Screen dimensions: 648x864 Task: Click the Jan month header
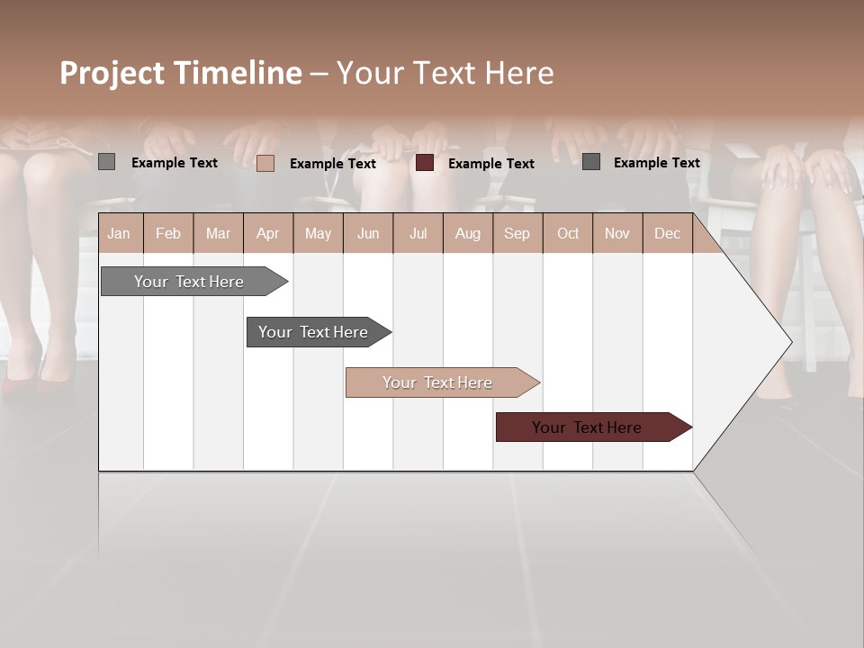[x=119, y=233]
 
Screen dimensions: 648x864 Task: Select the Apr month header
[x=267, y=233]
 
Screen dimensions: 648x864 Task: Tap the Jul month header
[x=418, y=233]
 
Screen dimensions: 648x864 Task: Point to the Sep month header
[x=517, y=233]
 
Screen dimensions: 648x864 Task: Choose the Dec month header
[x=667, y=233]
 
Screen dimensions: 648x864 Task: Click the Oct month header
[x=568, y=233]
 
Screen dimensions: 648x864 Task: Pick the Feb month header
[x=168, y=233]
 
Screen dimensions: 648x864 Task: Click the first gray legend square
[x=107, y=162]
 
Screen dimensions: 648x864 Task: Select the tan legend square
[x=265, y=163]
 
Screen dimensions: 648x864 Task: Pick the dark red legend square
[x=425, y=163]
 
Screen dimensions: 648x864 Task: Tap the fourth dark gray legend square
[x=591, y=162]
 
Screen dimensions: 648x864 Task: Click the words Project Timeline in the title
[x=180, y=73]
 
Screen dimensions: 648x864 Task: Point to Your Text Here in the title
[x=445, y=73]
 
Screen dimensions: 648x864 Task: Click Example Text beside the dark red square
[x=490, y=164]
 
